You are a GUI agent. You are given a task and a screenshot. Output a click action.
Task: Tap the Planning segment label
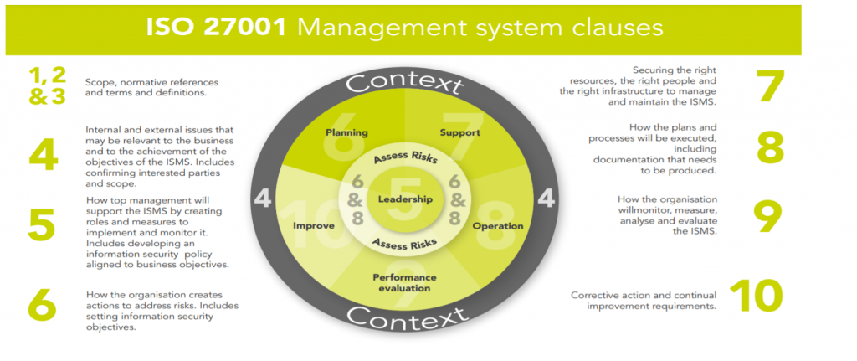(346, 132)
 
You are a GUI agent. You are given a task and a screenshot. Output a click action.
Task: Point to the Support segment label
(460, 132)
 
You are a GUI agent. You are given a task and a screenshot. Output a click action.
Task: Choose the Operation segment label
(498, 226)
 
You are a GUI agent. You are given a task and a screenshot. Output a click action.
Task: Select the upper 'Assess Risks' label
(406, 159)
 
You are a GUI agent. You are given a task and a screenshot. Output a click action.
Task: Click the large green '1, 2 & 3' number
(47, 86)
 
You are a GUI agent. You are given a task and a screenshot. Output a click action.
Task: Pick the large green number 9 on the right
(767, 215)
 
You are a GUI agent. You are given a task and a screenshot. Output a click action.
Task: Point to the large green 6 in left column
(42, 306)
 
